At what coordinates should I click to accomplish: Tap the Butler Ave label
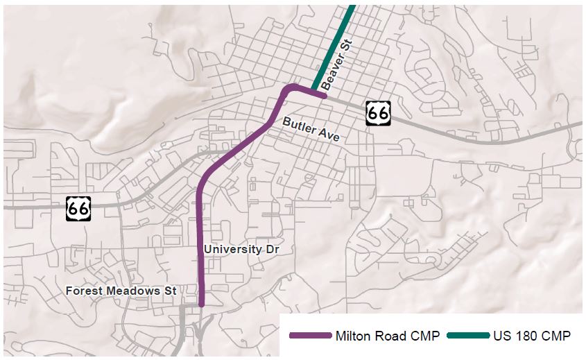[x=311, y=129]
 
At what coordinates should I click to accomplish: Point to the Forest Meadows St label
[x=121, y=291]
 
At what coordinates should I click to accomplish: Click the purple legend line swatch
[x=310, y=336]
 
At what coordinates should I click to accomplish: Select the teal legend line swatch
[x=468, y=336]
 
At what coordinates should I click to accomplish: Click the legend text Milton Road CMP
[x=387, y=336]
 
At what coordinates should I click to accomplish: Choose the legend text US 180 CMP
[x=532, y=336]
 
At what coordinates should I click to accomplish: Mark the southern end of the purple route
[x=202, y=303]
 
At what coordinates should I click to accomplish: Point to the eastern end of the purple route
[x=323, y=96]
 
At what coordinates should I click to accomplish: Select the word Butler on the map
[x=297, y=125]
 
